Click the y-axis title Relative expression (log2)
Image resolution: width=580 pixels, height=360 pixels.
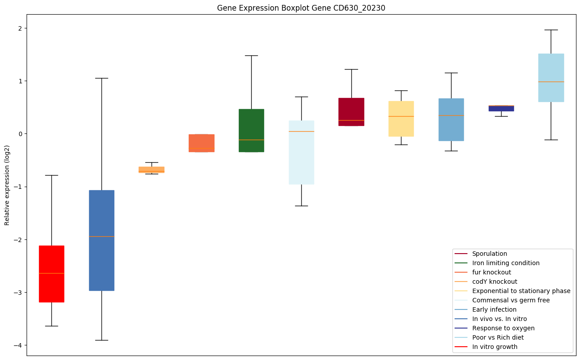point(7,185)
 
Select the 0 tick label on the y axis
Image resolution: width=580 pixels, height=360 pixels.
point(20,134)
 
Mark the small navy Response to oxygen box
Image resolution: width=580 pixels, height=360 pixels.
point(501,108)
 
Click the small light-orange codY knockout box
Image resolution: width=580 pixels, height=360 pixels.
point(152,169)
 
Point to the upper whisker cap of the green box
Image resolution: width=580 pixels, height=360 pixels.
point(251,56)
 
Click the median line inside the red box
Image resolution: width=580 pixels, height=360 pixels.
point(51,274)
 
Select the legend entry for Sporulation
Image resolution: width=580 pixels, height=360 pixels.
point(489,254)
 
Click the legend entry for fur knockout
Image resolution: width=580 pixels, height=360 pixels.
point(491,272)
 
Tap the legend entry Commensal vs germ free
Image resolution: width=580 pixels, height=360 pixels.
point(510,300)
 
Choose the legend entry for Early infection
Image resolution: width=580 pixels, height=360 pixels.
point(494,309)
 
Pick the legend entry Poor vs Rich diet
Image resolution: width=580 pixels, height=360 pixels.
point(498,337)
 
